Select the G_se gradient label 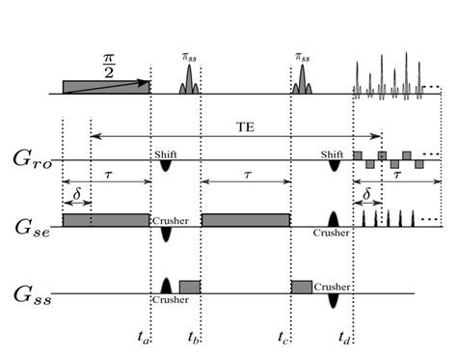click(x=28, y=227)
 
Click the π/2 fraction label click(x=107, y=65)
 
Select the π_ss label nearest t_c click(x=302, y=58)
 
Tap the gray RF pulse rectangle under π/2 click(x=106, y=87)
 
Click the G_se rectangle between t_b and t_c click(x=245, y=219)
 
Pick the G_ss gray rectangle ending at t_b click(x=189, y=287)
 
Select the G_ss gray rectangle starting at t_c click(x=302, y=287)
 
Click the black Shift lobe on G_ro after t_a click(x=165, y=166)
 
